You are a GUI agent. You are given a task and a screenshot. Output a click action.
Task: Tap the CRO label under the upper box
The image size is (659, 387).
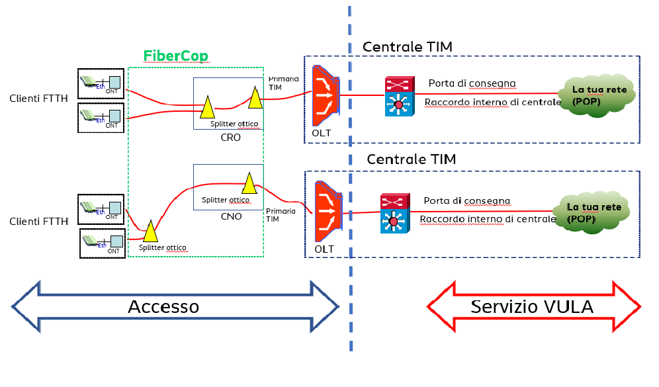point(231,138)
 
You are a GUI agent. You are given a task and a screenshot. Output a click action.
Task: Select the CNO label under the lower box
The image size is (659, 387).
point(231,216)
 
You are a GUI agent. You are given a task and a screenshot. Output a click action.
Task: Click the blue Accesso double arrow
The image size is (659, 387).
point(175,306)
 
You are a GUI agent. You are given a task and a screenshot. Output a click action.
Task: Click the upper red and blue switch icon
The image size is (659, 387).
point(399,97)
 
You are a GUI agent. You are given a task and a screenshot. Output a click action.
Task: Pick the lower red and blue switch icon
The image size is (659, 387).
point(395,213)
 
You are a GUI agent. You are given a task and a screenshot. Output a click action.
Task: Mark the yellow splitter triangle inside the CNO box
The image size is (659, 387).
point(249,183)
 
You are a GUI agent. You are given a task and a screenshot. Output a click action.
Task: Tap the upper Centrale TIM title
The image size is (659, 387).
point(407,46)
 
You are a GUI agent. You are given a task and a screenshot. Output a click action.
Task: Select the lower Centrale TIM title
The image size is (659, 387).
point(411,159)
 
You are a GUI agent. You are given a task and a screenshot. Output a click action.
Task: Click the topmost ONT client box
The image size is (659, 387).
point(101,83)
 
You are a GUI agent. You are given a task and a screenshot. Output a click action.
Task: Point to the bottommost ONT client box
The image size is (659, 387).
point(103,242)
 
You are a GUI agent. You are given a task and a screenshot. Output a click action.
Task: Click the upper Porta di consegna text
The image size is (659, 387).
point(472,83)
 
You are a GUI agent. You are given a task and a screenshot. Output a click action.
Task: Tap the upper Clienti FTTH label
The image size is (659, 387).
point(39,99)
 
